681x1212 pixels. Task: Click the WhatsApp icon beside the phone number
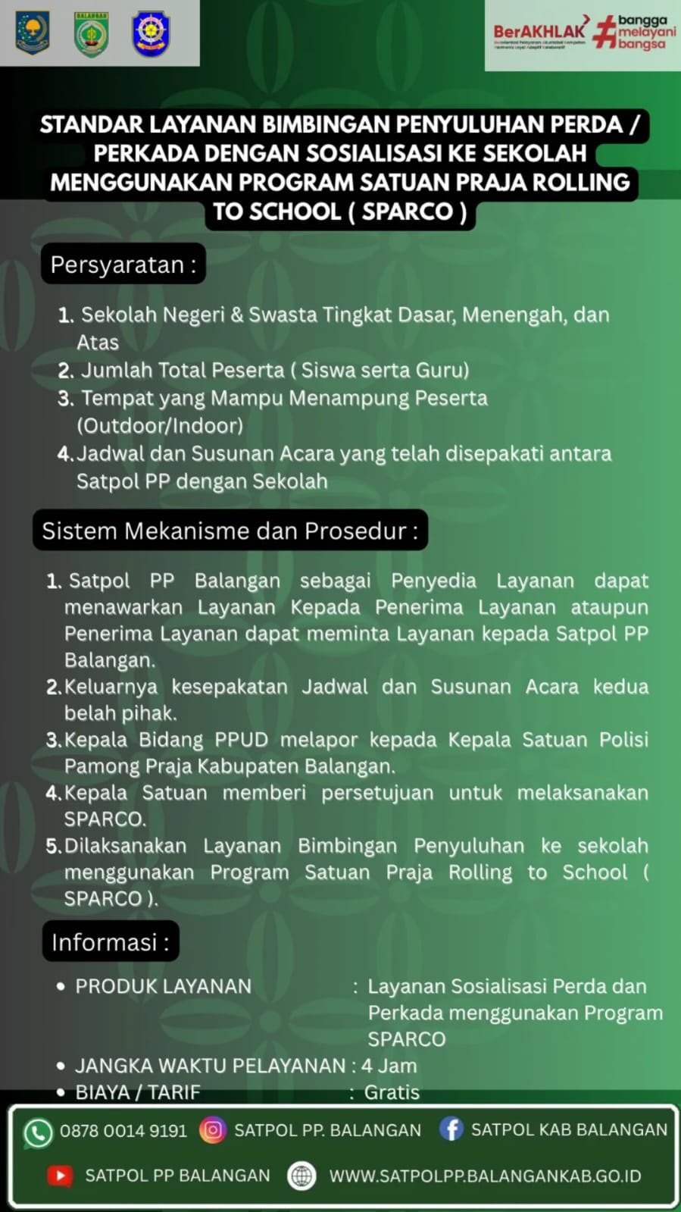[38, 1132]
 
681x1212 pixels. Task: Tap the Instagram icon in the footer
[213, 1130]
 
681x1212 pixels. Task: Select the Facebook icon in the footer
[451, 1129]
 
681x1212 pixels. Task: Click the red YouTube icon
[60, 1176]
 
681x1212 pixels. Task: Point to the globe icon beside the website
[301, 1176]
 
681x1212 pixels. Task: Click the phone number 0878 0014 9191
[123, 1131]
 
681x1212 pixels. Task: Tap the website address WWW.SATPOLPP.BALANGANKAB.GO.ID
[485, 1176]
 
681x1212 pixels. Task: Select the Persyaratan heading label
[123, 265]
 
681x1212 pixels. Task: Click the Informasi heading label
[111, 942]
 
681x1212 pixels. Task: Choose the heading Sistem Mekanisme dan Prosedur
[230, 531]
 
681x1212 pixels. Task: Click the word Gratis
[392, 1092]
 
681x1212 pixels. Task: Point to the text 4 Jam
[389, 1066]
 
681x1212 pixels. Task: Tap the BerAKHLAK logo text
[539, 32]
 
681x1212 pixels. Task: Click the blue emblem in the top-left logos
[151, 33]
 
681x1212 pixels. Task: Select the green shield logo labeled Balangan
[92, 34]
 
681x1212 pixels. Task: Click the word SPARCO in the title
[407, 211]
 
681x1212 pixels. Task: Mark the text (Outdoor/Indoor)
[160, 425]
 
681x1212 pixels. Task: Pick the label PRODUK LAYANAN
[163, 986]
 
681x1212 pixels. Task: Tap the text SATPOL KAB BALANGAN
[569, 1129]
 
